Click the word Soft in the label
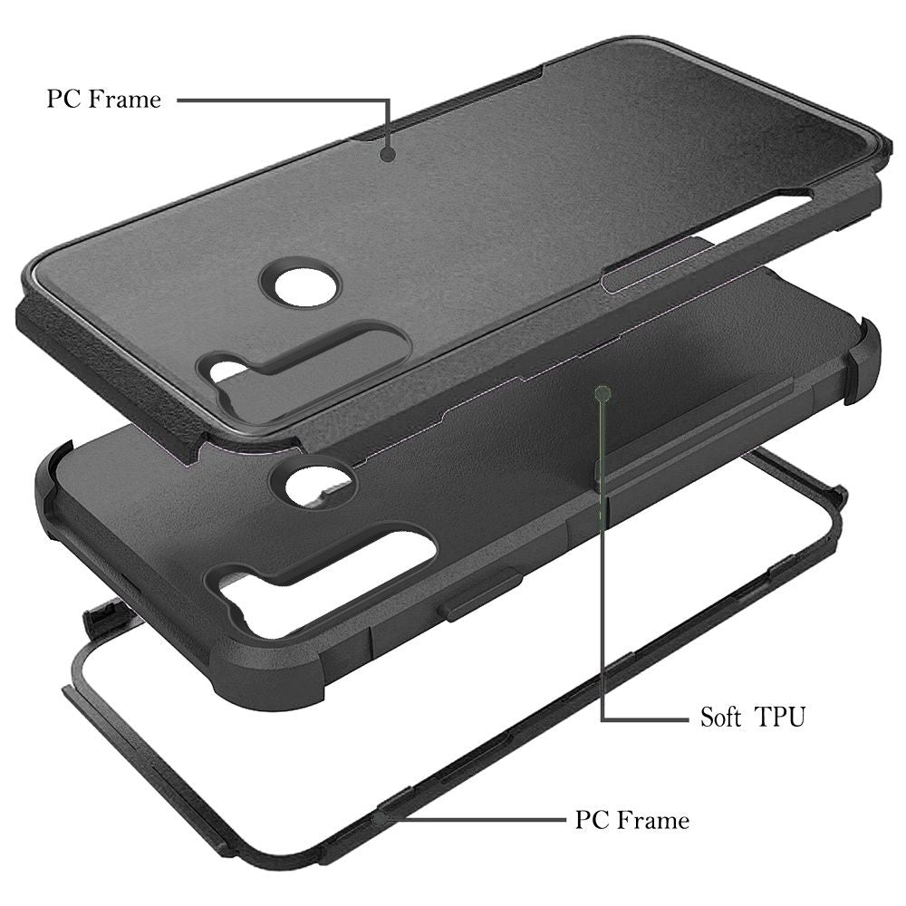(720, 717)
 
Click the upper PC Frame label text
(104, 99)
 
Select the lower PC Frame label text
(632, 820)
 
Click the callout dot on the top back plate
(388, 154)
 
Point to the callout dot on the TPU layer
(602, 394)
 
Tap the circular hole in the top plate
(299, 287)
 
